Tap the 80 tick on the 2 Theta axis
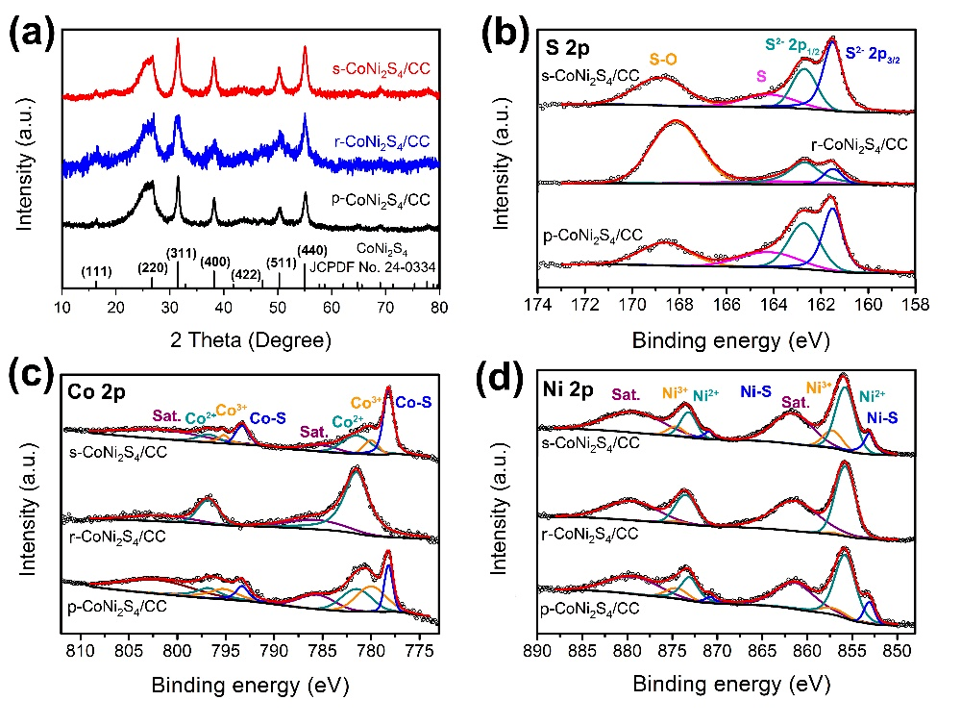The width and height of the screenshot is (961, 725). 438,309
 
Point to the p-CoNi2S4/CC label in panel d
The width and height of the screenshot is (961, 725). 590,608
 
